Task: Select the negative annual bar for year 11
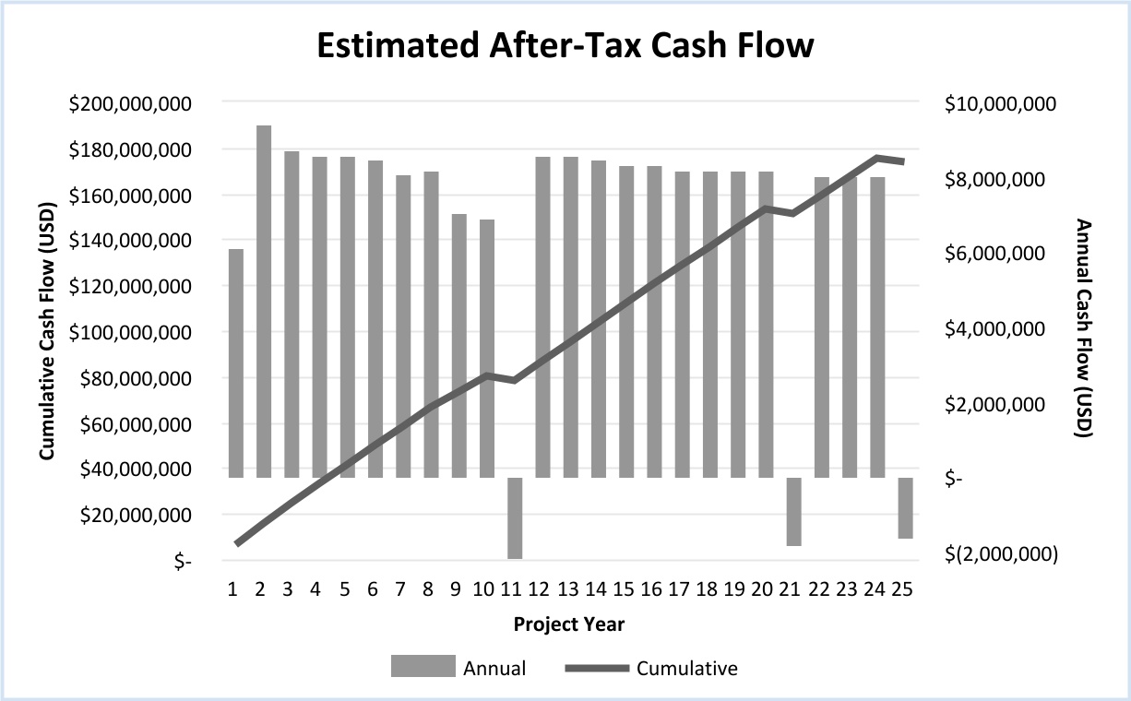(x=515, y=517)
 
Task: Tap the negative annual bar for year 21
(x=793, y=511)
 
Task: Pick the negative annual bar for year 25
(x=905, y=507)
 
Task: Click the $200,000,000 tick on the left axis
(x=130, y=103)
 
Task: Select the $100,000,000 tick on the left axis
(x=130, y=332)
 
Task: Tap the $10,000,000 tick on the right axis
(x=1000, y=104)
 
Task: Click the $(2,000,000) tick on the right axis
(x=1000, y=553)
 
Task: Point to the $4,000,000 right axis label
(x=1000, y=329)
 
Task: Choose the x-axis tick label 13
(x=570, y=588)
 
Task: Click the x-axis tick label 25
(x=904, y=588)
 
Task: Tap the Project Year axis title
(x=569, y=624)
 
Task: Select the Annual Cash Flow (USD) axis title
(x=1084, y=328)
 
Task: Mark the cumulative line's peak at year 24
(x=876, y=158)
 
